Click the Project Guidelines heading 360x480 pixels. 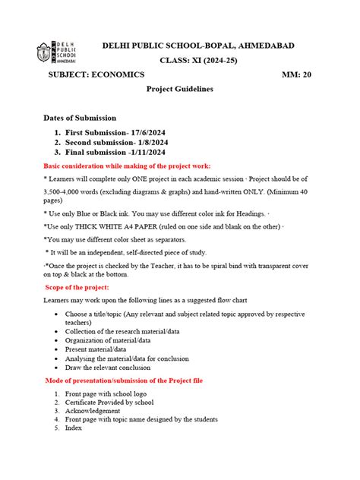coord(179,89)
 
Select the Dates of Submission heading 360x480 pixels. coord(80,118)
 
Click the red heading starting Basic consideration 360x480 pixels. coord(127,166)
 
